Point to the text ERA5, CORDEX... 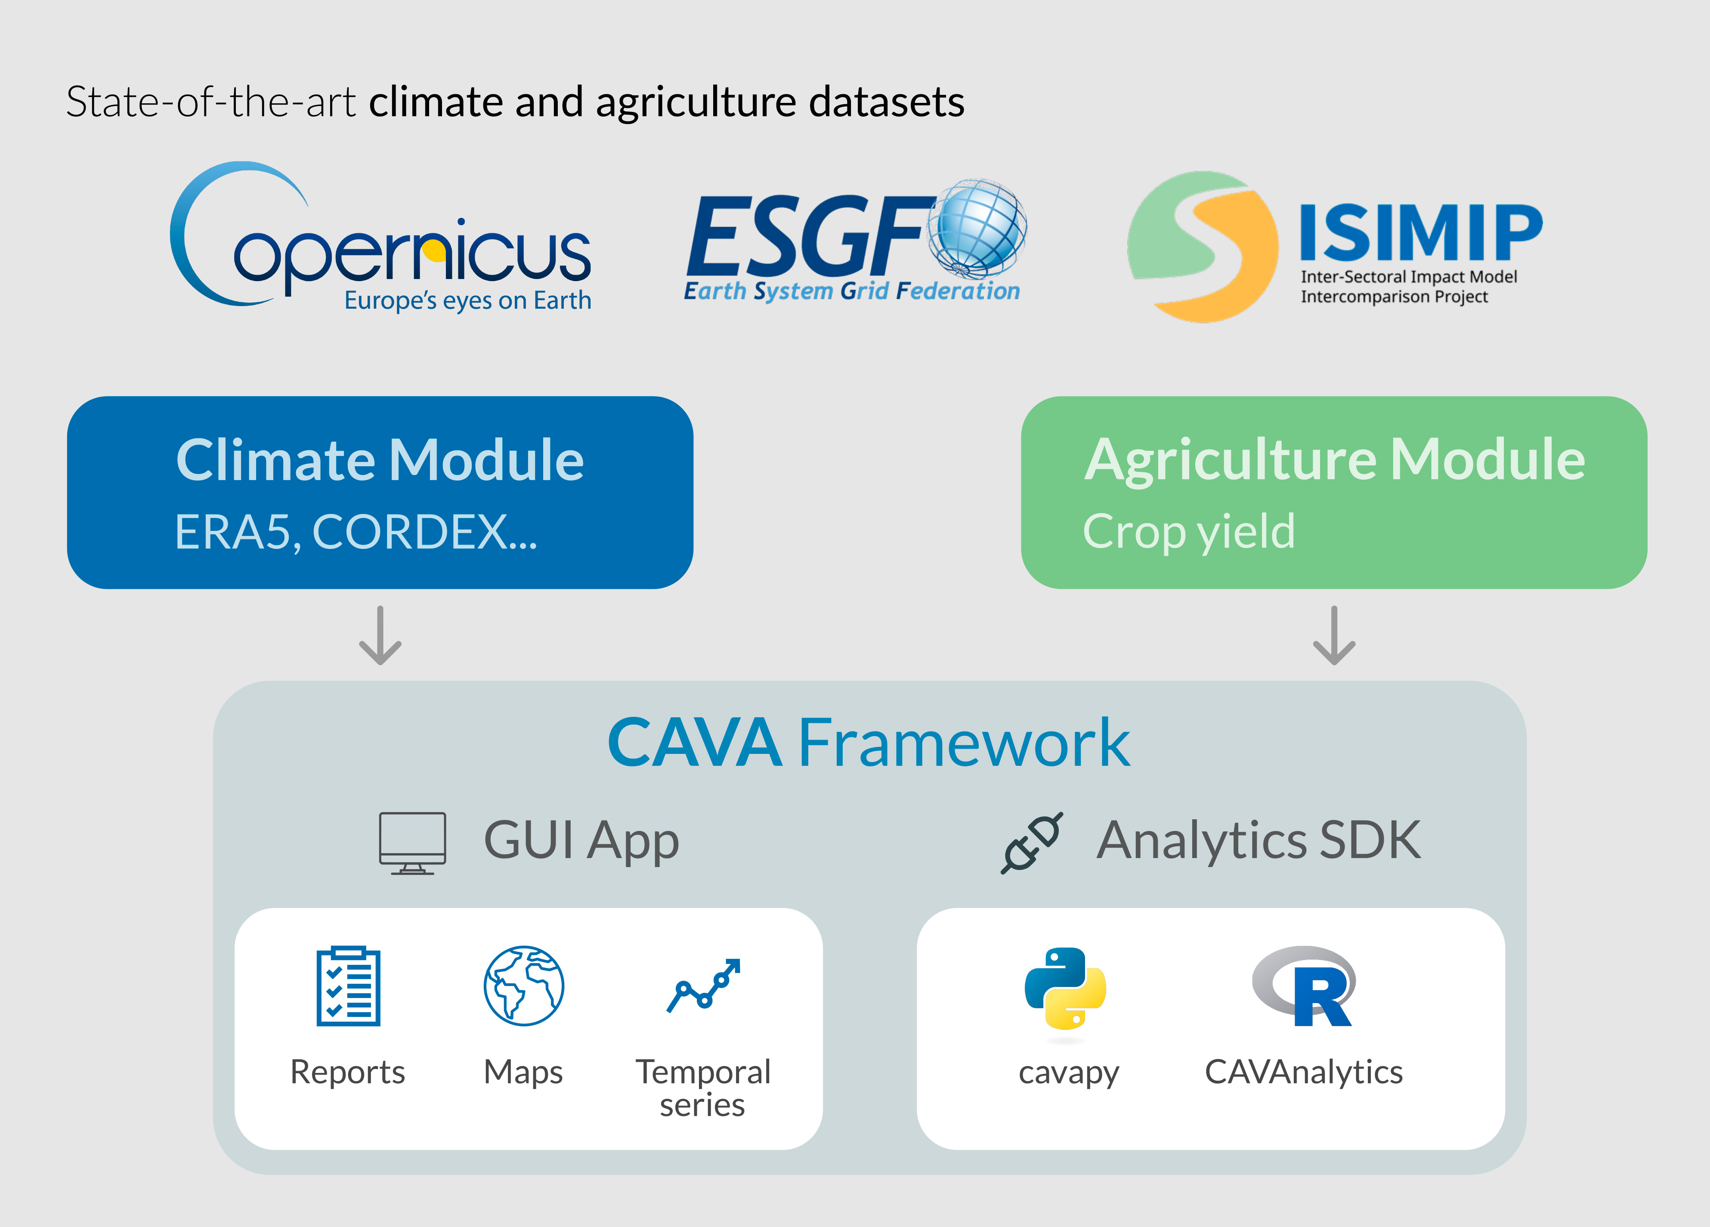point(356,532)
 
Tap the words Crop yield point(1189,532)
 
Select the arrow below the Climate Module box point(380,636)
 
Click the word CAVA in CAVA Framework point(694,744)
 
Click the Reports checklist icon point(348,985)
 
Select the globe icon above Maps point(524,985)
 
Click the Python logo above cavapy point(1065,988)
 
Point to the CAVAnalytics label point(1304,1072)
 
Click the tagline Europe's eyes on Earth point(467,300)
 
